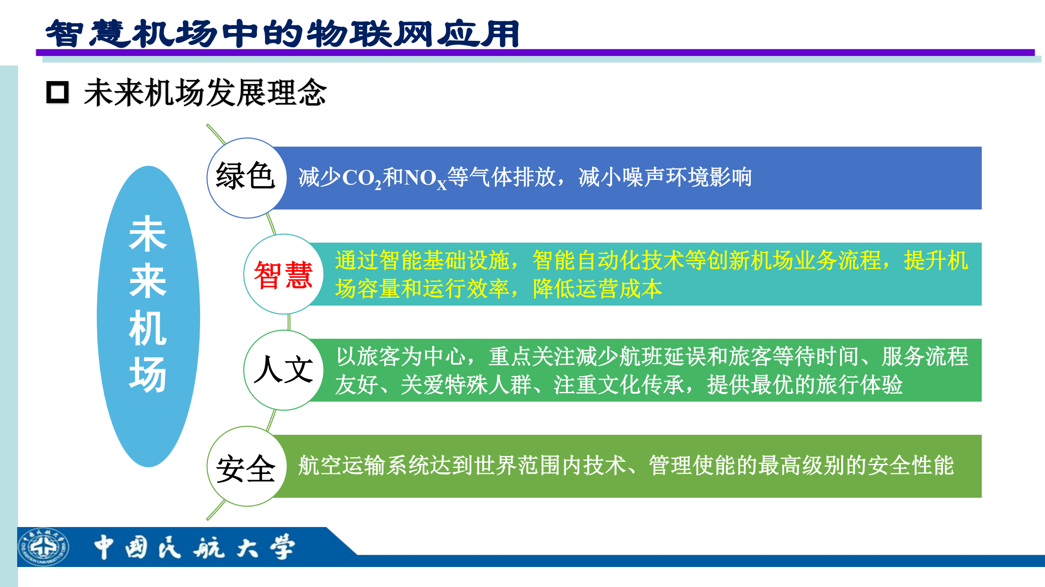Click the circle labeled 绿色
click(246, 178)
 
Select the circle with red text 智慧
click(283, 274)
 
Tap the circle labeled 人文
click(283, 370)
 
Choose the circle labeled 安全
click(246, 466)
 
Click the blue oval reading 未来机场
click(148, 316)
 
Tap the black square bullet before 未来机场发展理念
click(57, 92)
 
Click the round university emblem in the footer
click(43, 547)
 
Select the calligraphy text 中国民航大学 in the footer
click(194, 547)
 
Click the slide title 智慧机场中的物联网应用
click(282, 33)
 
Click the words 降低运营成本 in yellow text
click(597, 289)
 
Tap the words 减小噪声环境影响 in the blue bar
click(665, 177)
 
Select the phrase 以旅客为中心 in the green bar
click(401, 356)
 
